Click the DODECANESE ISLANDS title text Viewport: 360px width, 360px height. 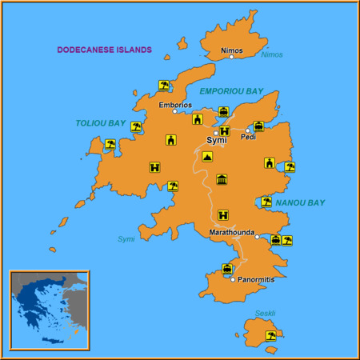[x=104, y=50]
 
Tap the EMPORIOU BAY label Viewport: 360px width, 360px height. [x=230, y=91]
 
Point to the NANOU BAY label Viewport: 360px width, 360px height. [x=300, y=203]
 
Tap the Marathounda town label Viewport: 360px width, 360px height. [x=231, y=232]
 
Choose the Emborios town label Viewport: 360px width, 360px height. [x=175, y=104]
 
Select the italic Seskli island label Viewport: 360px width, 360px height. [x=265, y=313]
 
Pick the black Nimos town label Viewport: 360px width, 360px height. [x=231, y=50]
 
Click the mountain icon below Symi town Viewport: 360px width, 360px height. [x=207, y=157]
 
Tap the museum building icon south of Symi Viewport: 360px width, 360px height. [x=222, y=179]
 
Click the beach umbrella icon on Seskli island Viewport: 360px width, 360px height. [x=271, y=336]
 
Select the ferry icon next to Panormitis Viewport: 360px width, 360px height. [x=227, y=269]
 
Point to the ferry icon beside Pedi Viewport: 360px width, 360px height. [x=258, y=126]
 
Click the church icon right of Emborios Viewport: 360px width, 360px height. [x=197, y=119]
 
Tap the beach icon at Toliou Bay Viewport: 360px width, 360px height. [x=136, y=126]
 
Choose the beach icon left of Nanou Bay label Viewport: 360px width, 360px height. [x=266, y=202]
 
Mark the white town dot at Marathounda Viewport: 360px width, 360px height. [x=257, y=237]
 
